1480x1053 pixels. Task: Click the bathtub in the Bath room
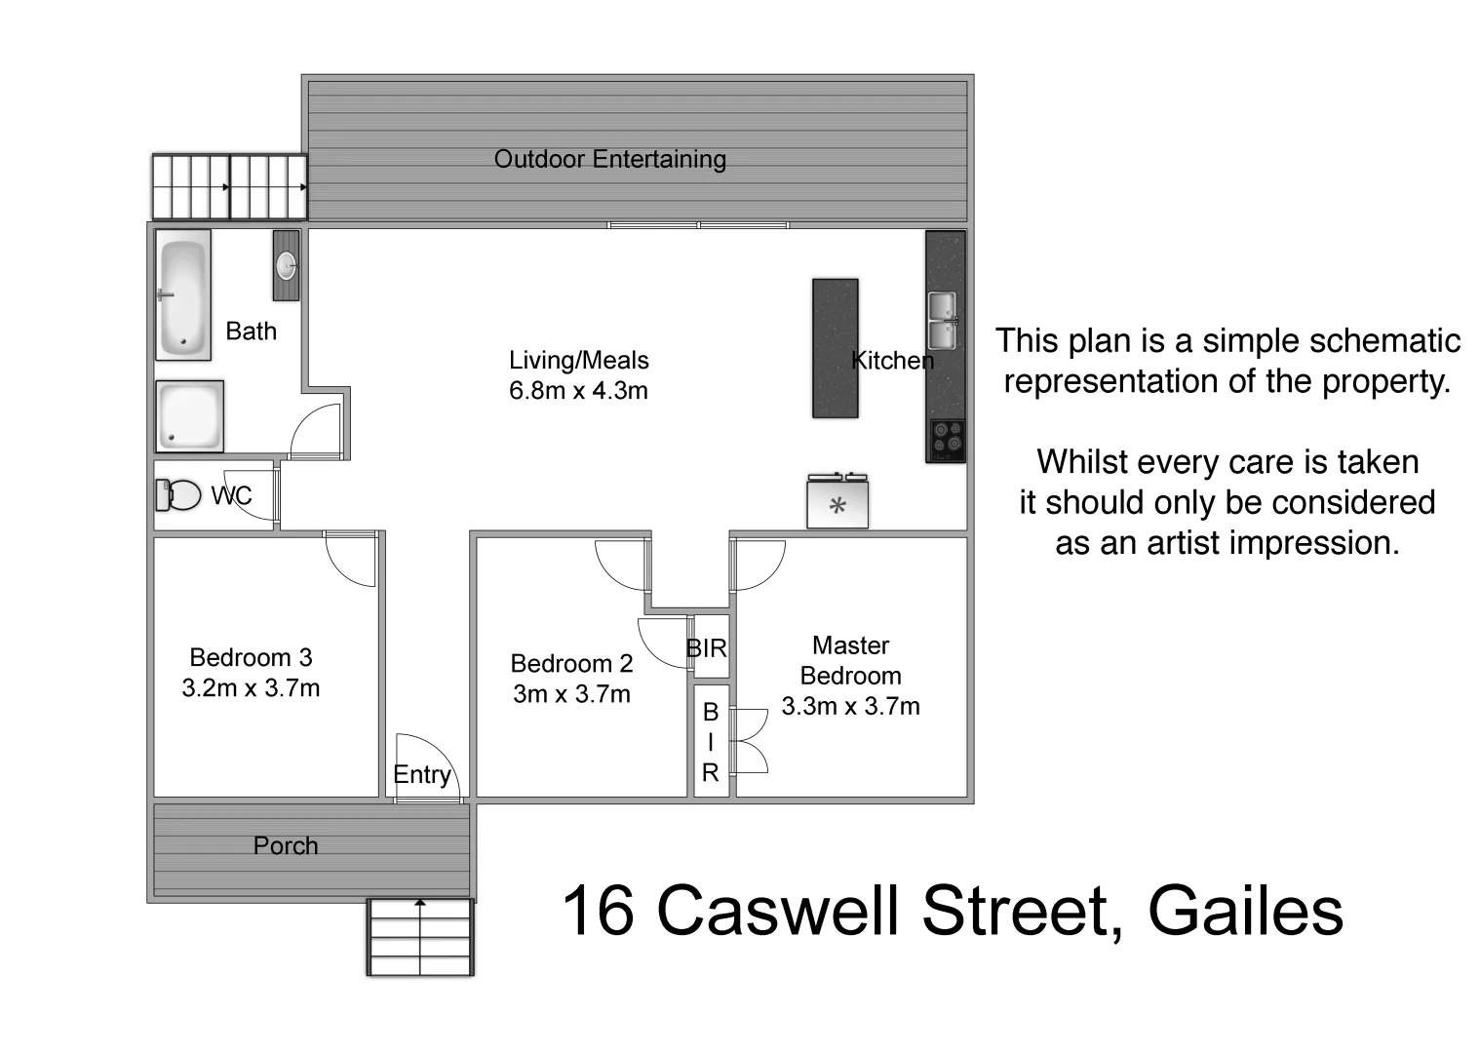pos(183,294)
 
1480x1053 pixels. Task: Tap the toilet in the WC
pos(178,494)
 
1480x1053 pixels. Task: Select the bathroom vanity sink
pos(287,265)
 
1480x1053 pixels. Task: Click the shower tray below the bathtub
pos(189,416)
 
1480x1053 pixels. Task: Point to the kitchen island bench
pos(836,348)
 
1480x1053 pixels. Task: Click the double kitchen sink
pos(942,321)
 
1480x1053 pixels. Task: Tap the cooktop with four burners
pos(946,440)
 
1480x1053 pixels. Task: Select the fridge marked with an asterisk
pos(837,504)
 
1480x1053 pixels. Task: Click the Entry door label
pos(422,775)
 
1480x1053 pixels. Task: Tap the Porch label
pos(286,846)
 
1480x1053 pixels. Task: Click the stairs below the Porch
pos(420,937)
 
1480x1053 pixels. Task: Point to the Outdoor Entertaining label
pos(610,160)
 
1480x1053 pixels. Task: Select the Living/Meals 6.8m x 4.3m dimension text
pos(578,391)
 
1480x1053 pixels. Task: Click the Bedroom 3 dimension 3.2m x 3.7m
pos(251,688)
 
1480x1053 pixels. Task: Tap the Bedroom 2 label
pos(571,664)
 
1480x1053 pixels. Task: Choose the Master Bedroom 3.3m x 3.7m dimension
pos(850,707)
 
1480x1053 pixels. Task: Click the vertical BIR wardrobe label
pos(711,742)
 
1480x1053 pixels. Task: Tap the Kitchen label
pos(892,361)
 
